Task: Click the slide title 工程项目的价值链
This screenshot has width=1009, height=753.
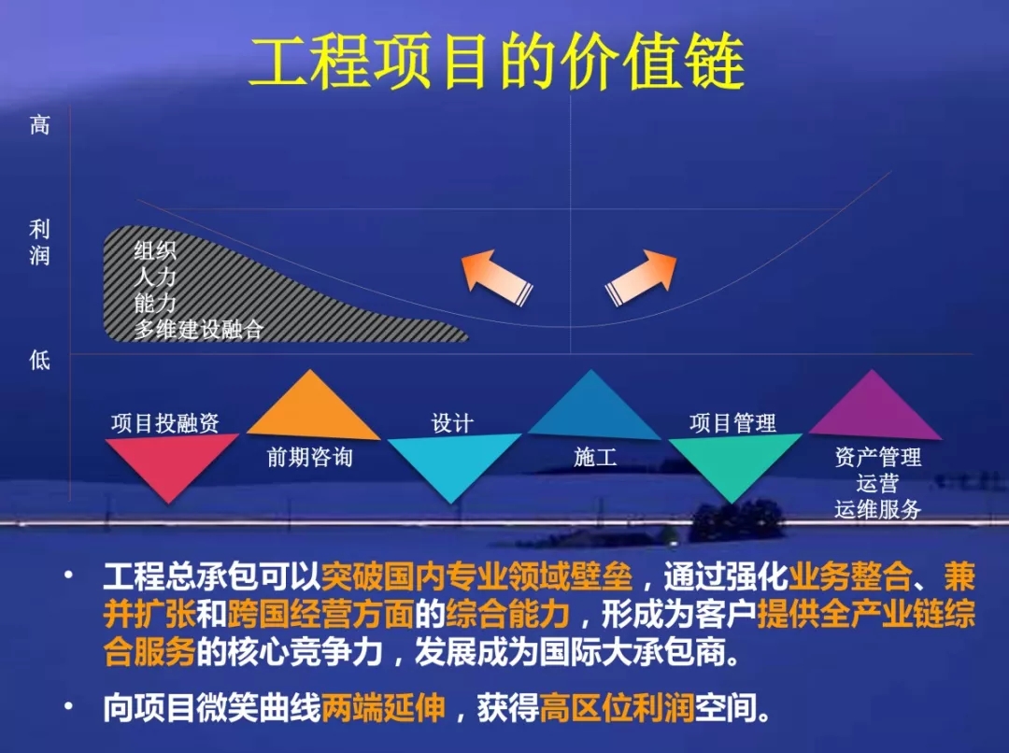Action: click(496, 62)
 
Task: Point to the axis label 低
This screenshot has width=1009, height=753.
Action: click(39, 359)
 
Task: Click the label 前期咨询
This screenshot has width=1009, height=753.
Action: click(309, 458)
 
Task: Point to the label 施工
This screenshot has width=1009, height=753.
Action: click(594, 458)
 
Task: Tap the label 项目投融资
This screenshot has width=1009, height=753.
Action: click(164, 423)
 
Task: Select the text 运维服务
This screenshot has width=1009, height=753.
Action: click(877, 509)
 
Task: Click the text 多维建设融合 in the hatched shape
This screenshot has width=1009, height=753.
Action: click(199, 329)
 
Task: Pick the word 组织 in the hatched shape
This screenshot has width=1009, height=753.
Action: click(155, 250)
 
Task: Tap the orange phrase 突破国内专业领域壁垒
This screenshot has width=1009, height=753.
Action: click(476, 576)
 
